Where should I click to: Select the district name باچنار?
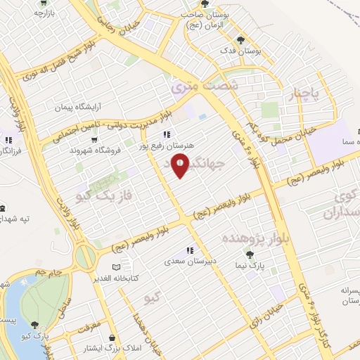(305, 93)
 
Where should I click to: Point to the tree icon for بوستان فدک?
(241, 40)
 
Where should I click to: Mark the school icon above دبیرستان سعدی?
(189, 250)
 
